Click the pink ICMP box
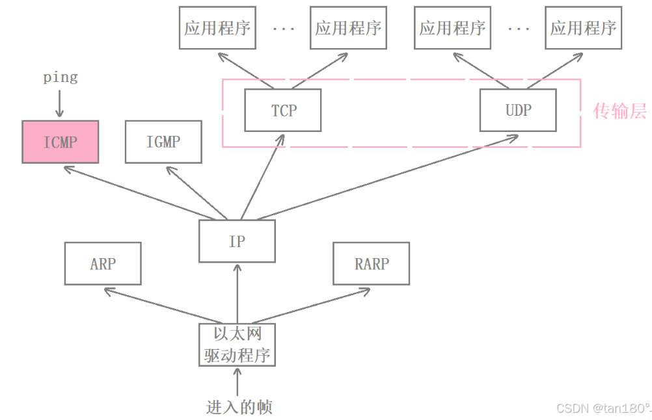pos(60,142)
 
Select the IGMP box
pos(163,142)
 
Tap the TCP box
pos(283,111)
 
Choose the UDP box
pos(518,111)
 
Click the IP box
pos(237,241)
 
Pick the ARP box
pos(103,264)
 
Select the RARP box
pos(371,264)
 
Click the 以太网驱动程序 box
pos(237,345)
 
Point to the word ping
pos(60,77)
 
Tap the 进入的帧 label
pos(239,408)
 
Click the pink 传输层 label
pos(619,111)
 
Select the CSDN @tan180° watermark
pos(603,408)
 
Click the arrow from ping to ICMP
pos(60,103)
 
